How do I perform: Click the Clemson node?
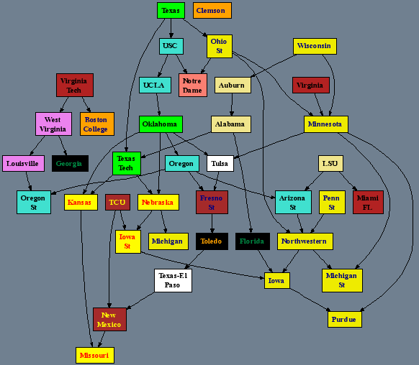[212, 10]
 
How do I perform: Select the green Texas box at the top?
[171, 10]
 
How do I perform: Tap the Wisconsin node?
[315, 46]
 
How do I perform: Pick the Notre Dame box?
[193, 85]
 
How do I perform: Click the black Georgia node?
[70, 163]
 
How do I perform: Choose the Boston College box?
[97, 124]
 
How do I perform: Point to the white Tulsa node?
[220, 163]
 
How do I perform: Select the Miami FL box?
[368, 202]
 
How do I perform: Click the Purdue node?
[345, 319]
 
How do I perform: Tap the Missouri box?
[95, 355]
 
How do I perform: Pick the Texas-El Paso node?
[173, 280]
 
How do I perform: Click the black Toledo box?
[212, 241]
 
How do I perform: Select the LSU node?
[330, 163]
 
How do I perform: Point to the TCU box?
[117, 202]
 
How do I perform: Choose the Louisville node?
[23, 163]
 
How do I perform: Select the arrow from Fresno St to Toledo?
[212, 223]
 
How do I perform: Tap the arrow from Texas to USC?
[171, 29]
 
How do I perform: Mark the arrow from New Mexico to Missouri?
[102, 339]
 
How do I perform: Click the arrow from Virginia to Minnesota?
[319, 104]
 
